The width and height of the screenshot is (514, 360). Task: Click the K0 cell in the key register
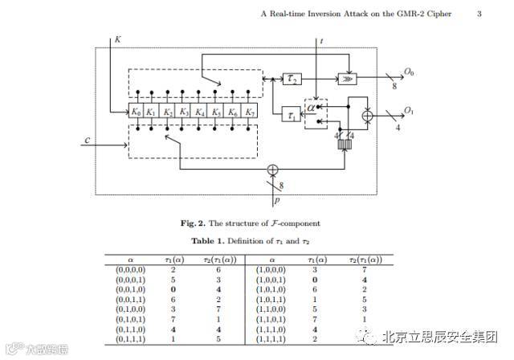pyautogui.click(x=137, y=112)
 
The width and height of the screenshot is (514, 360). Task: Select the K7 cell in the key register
pyautogui.click(x=251, y=112)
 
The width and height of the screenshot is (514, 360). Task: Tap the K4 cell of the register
pyautogui.click(x=202, y=112)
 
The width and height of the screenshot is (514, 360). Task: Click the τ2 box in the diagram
pyautogui.click(x=291, y=78)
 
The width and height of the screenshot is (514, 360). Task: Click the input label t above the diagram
pyautogui.click(x=321, y=39)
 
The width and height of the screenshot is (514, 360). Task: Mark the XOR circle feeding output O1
pyautogui.click(x=368, y=117)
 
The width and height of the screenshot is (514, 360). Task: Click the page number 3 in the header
pyautogui.click(x=479, y=14)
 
